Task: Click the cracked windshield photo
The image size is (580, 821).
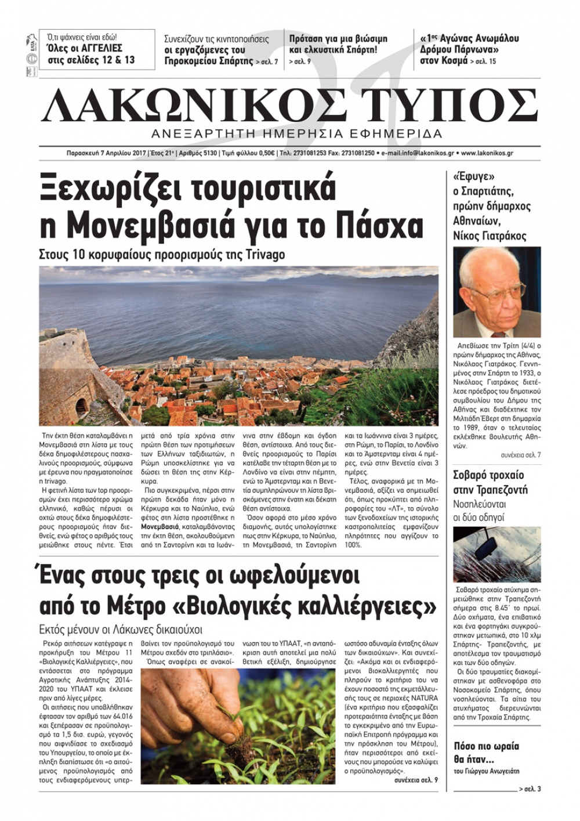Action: click(x=496, y=554)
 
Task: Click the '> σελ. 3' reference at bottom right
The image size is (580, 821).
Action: click(x=530, y=789)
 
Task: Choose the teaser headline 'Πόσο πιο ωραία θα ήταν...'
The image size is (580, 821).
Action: click(x=486, y=753)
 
